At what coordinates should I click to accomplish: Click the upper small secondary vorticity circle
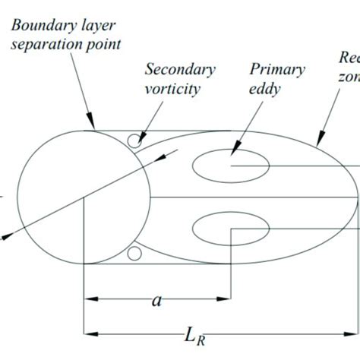coord(134,141)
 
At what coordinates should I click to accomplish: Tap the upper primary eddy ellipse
coord(230,165)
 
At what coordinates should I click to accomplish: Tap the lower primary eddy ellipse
coord(230,228)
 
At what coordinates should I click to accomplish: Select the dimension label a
coord(156,301)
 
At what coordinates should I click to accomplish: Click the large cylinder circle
coord(84,197)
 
